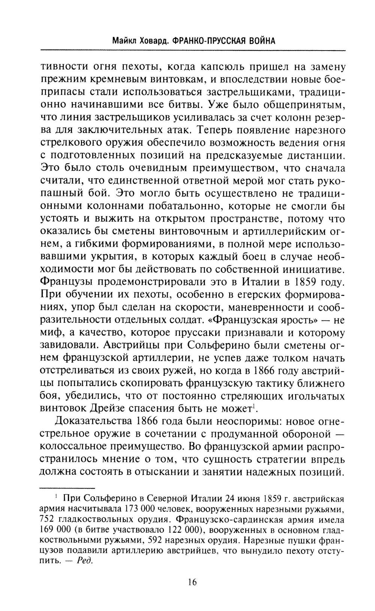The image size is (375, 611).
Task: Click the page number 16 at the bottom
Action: click(191, 582)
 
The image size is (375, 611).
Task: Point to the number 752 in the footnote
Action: click(47, 520)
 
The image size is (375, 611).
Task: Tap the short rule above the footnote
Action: click(67, 488)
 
